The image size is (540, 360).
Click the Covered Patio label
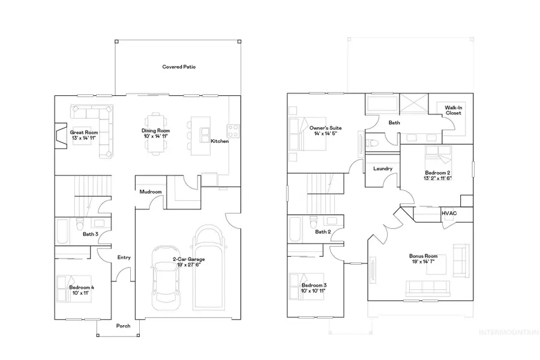tap(179, 67)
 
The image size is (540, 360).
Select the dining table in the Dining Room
tap(156, 133)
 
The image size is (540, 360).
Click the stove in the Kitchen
tap(233, 130)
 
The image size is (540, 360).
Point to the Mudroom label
tap(150, 192)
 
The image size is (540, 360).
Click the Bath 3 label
tap(90, 234)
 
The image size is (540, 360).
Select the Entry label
tap(124, 257)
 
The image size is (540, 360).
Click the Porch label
tap(123, 326)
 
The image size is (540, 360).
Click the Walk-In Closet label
tap(453, 110)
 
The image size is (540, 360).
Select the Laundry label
tap(382, 169)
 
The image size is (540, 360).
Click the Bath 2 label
tap(323, 232)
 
